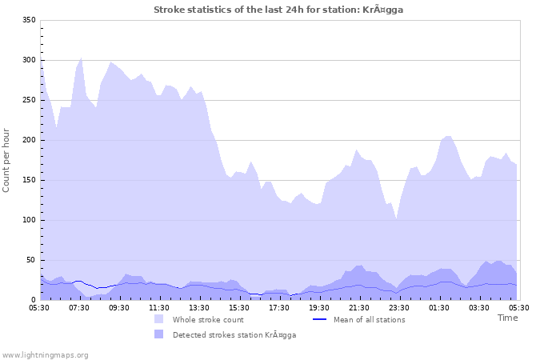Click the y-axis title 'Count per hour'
coord(7,160)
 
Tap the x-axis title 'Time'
coord(507,318)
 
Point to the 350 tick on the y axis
coord(30,20)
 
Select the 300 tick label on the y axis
coord(30,60)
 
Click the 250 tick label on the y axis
coord(30,100)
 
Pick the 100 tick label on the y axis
coord(30,220)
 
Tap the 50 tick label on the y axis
coord(32,260)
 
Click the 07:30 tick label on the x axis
coord(79,307)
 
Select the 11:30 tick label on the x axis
coord(159,307)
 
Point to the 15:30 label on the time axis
coord(239,307)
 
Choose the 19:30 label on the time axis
coord(319,307)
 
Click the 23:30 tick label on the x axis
coord(399,307)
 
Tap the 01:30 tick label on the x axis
coord(439,307)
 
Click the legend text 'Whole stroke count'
coord(207,319)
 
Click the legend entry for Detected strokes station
coord(234,334)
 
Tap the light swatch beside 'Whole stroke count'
coord(160,319)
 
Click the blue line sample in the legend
coord(320,319)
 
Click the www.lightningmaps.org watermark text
coord(45,354)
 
